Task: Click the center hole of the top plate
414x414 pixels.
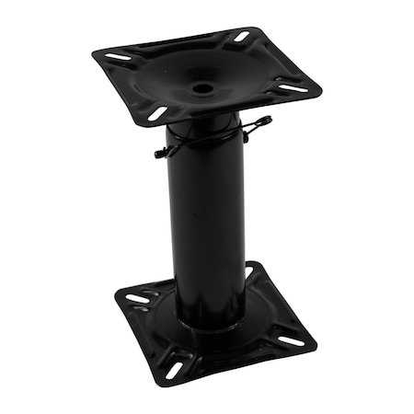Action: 203,88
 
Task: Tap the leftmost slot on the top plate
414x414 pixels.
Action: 118,57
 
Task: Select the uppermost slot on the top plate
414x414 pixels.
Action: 241,37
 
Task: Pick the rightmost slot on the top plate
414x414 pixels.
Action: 293,89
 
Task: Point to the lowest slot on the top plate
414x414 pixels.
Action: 157,114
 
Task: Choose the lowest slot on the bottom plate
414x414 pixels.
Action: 175,369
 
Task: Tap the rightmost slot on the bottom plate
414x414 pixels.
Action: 291,340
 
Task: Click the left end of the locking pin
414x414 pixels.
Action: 159,155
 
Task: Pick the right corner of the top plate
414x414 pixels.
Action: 320,90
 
